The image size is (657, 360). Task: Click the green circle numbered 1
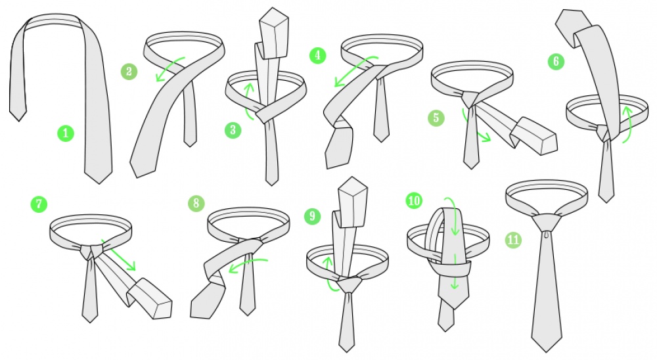[x=65, y=134]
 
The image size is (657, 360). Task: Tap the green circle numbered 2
[x=129, y=72]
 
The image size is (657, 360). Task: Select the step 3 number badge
[x=233, y=130]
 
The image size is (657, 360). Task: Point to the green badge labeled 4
[x=317, y=55]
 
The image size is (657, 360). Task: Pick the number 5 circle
[x=436, y=118]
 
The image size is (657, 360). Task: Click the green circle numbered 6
[x=556, y=62]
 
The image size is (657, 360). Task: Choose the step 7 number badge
[x=39, y=204]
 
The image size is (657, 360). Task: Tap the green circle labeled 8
[x=196, y=203]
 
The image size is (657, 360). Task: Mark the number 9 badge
[x=313, y=216]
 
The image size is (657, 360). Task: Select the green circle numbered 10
[x=414, y=200]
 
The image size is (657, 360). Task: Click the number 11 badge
[x=513, y=240]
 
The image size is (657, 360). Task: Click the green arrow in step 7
[x=119, y=256]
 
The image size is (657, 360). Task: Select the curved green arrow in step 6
[x=628, y=124]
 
